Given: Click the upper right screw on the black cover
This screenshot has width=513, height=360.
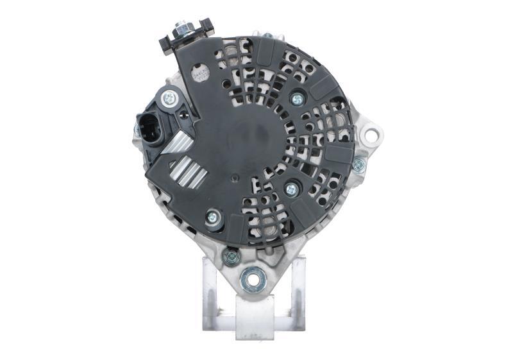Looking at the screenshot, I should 297,99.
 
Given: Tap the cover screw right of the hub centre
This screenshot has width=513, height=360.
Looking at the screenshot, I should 291,189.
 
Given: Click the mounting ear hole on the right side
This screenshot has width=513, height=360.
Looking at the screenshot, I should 370,135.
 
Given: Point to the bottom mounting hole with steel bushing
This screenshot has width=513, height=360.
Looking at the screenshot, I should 253,279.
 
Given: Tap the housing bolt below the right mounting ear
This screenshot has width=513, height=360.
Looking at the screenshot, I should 358,164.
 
